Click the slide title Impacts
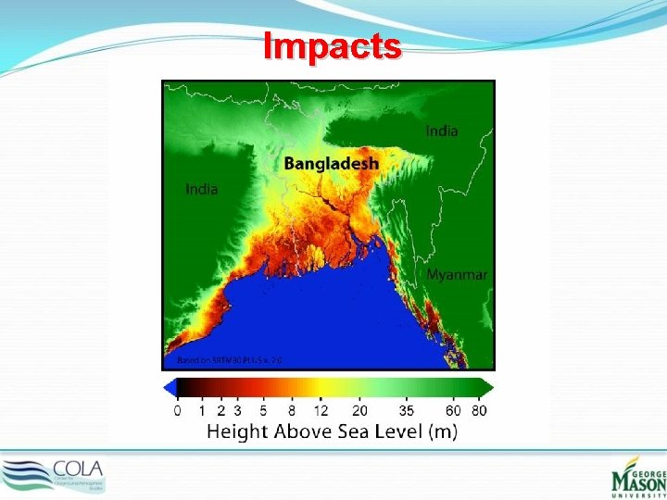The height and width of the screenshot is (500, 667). [333, 45]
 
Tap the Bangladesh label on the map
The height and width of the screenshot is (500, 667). [331, 163]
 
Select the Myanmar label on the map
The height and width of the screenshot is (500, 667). [457, 275]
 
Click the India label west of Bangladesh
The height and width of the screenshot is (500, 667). [202, 189]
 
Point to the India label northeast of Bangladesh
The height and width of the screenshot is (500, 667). [442, 131]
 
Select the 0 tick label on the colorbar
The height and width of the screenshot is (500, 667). [177, 410]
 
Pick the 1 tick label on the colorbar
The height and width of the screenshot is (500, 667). [203, 410]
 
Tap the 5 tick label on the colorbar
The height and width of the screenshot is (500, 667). [264, 410]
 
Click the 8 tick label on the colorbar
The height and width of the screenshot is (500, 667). [292, 410]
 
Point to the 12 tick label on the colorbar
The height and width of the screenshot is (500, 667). [321, 410]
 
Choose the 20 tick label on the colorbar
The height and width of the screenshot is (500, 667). [360, 410]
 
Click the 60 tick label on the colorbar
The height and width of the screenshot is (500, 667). [453, 410]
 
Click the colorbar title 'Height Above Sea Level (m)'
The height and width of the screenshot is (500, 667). [331, 431]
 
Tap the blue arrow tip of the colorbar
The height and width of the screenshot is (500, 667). [169, 388]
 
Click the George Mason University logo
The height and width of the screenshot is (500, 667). [637, 475]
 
